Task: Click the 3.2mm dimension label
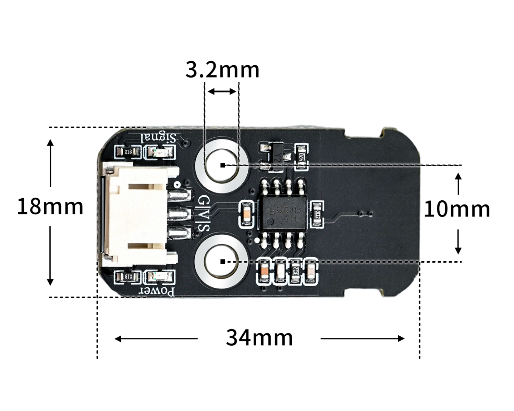tap(222, 70)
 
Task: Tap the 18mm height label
tap(50, 207)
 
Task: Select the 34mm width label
tap(259, 338)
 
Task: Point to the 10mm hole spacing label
tap(457, 209)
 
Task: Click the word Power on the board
tap(156, 291)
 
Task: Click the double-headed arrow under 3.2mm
tap(222, 91)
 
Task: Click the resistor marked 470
tap(301, 157)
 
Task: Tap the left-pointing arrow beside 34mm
tap(156, 339)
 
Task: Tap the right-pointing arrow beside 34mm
tap(363, 339)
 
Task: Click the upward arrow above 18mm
tap(50, 163)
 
